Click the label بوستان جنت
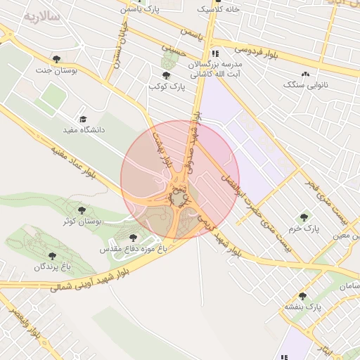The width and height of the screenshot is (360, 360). (57, 70)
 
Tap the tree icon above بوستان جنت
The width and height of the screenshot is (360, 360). (57, 59)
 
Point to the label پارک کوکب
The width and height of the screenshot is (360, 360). (166, 86)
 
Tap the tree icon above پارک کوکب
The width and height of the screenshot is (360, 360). (166, 75)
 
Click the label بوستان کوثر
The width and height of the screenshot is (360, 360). (83, 221)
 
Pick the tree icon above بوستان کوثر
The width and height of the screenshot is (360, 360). (83, 210)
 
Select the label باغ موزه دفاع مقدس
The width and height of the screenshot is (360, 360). (133, 249)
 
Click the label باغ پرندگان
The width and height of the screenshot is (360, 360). (52, 267)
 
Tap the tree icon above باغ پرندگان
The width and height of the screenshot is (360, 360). (52, 256)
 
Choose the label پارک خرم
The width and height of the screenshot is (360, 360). (304, 229)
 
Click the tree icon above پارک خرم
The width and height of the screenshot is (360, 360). (304, 218)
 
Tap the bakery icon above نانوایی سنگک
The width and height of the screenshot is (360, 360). (305, 73)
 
